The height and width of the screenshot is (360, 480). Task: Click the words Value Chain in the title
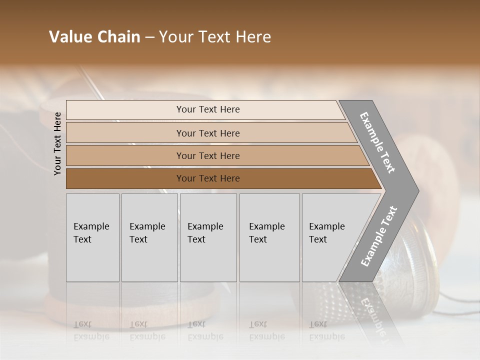coord(94,37)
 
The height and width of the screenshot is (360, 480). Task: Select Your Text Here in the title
coord(215,37)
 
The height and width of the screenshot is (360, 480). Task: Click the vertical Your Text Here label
coord(57,143)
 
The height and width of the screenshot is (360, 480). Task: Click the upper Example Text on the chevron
coord(377,142)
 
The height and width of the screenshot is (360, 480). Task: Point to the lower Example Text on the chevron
coord(379,236)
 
